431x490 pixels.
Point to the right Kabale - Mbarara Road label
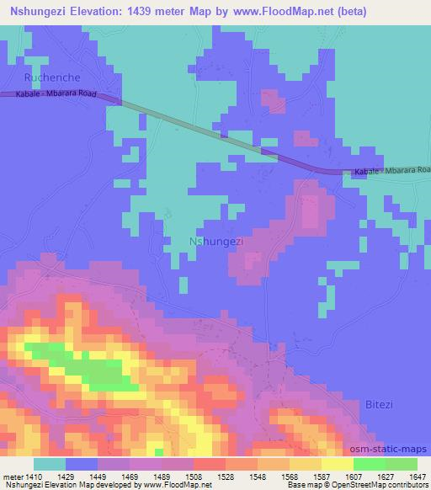coord(391,172)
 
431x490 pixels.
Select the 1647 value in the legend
coord(418,476)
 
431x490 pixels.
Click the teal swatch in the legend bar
coord(50,464)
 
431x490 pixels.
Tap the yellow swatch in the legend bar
coord(337,464)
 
